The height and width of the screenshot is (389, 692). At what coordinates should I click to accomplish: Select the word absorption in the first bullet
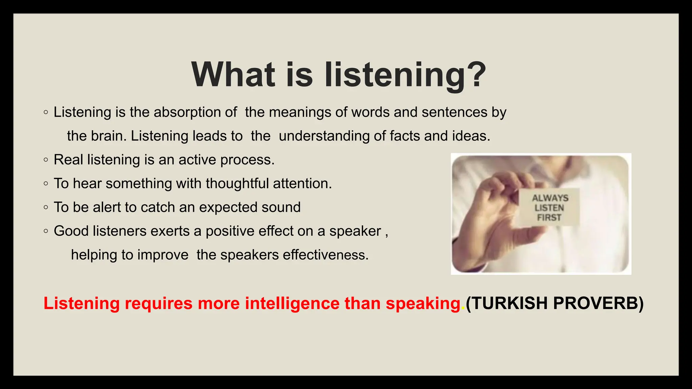coord(195,112)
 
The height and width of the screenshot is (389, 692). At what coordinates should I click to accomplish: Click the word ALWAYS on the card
coord(550,198)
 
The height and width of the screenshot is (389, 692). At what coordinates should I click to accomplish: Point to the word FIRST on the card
coord(549,217)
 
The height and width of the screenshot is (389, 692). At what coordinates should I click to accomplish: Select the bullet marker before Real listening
coord(46,160)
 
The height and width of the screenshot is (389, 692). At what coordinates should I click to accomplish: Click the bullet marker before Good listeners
coord(46,231)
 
